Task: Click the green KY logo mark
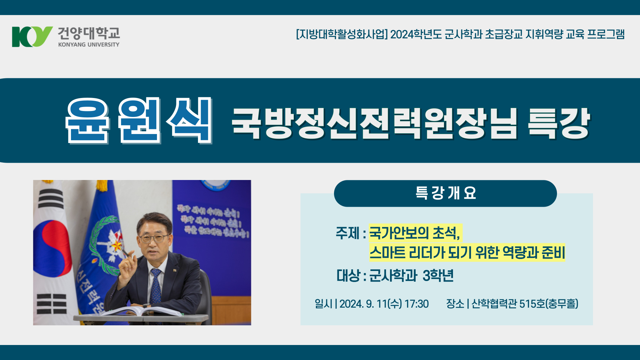pos(32,37)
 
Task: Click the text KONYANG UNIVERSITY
pos(89,45)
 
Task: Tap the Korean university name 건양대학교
pos(89,33)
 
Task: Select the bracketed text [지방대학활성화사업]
pos(342,34)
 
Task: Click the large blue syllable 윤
pos(87,121)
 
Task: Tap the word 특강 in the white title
pos(559,123)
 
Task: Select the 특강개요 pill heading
pos(445,193)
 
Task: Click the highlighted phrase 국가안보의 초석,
pos(415,233)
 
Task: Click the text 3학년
pos(438,276)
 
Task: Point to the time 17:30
pos(417,304)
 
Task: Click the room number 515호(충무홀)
pos(549,304)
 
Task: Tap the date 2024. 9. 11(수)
pos(371,304)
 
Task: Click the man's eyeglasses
pos(154,239)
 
